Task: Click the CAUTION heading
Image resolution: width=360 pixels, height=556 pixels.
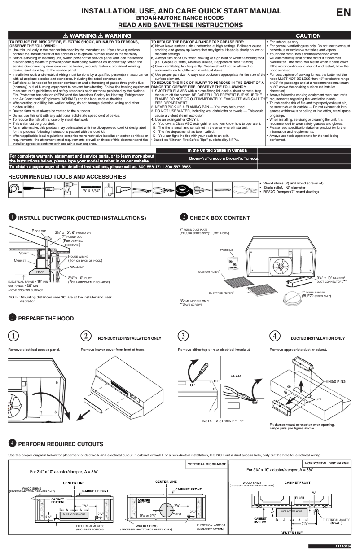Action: [308, 35]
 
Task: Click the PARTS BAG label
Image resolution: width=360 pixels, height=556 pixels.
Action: [227, 249]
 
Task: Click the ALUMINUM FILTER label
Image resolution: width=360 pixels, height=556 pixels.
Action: [208, 271]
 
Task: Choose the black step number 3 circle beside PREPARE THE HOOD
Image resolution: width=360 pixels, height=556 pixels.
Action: [13, 318]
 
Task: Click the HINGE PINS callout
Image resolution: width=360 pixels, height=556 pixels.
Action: [335, 381]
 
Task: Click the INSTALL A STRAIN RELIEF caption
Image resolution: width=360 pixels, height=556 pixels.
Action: [223, 420]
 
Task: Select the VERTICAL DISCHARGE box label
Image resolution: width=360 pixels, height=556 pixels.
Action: [206, 464]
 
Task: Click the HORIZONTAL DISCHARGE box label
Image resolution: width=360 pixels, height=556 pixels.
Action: [326, 463]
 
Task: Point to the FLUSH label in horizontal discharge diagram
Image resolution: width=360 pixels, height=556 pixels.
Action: [299, 498]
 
